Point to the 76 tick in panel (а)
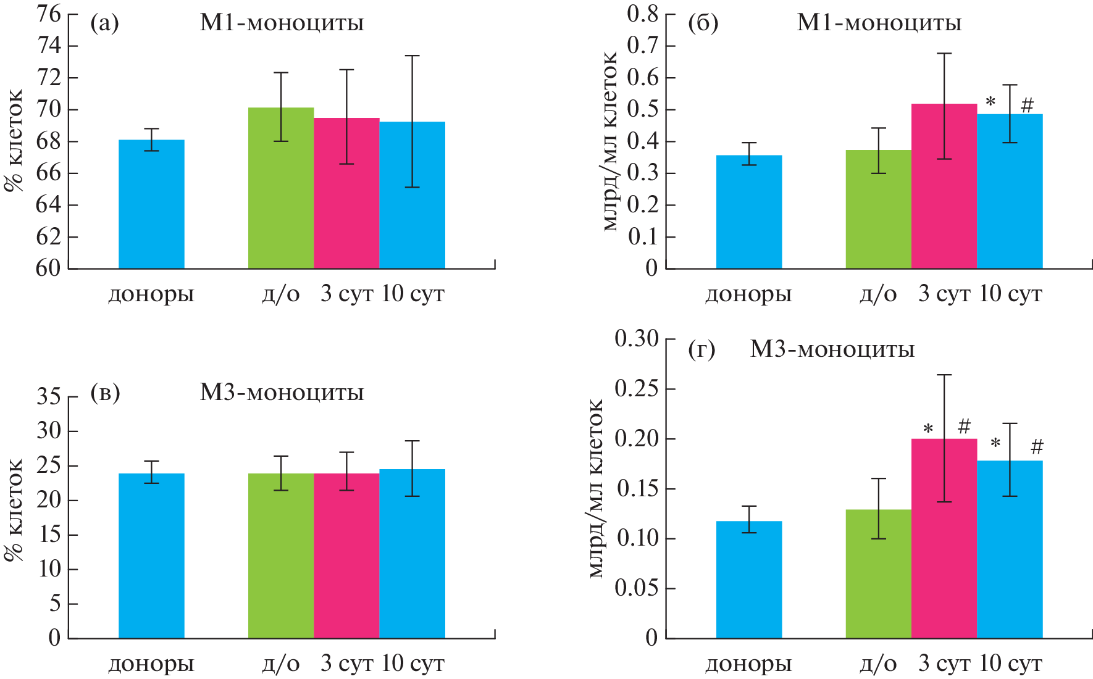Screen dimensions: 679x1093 [49, 14]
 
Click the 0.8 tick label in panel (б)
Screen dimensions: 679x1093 [642, 14]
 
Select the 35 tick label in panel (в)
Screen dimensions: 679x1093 [49, 396]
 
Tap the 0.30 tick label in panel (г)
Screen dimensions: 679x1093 [636, 339]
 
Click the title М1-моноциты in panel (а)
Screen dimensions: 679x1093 [282, 23]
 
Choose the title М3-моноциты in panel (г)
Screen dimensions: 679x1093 [832, 349]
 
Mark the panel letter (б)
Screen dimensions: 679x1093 [703, 23]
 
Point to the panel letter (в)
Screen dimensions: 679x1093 [105, 393]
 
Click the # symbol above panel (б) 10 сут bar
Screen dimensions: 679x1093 [1027, 105]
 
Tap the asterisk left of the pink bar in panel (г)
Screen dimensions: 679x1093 [928, 429]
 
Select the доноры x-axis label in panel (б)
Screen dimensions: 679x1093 [748, 294]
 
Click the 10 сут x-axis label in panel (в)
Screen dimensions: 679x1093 [412, 664]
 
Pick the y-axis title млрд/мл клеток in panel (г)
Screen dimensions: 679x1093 [595, 488]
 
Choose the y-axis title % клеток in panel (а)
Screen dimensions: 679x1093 [14, 141]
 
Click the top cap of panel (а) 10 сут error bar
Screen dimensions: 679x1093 [412, 56]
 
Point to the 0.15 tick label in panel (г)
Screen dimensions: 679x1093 [636, 489]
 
